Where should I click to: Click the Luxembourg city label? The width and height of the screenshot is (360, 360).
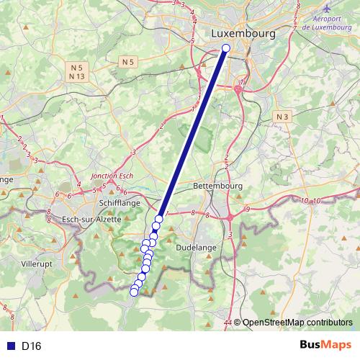[x=244, y=34]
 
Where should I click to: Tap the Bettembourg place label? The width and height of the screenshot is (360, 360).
[x=218, y=186]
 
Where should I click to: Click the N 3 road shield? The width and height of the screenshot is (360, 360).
[x=282, y=116]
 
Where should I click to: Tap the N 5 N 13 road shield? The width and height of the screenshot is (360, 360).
[x=78, y=71]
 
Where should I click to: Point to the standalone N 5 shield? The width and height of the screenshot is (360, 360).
[x=128, y=62]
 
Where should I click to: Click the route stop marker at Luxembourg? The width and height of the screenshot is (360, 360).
[x=225, y=48]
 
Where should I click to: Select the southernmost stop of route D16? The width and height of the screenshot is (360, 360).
[x=133, y=292]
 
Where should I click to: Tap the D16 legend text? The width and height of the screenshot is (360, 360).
[x=31, y=346]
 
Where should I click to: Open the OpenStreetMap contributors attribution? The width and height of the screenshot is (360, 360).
[x=297, y=323]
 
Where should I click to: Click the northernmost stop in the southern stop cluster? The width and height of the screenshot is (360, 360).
[x=159, y=219]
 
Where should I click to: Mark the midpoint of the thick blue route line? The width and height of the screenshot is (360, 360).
[x=192, y=133]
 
